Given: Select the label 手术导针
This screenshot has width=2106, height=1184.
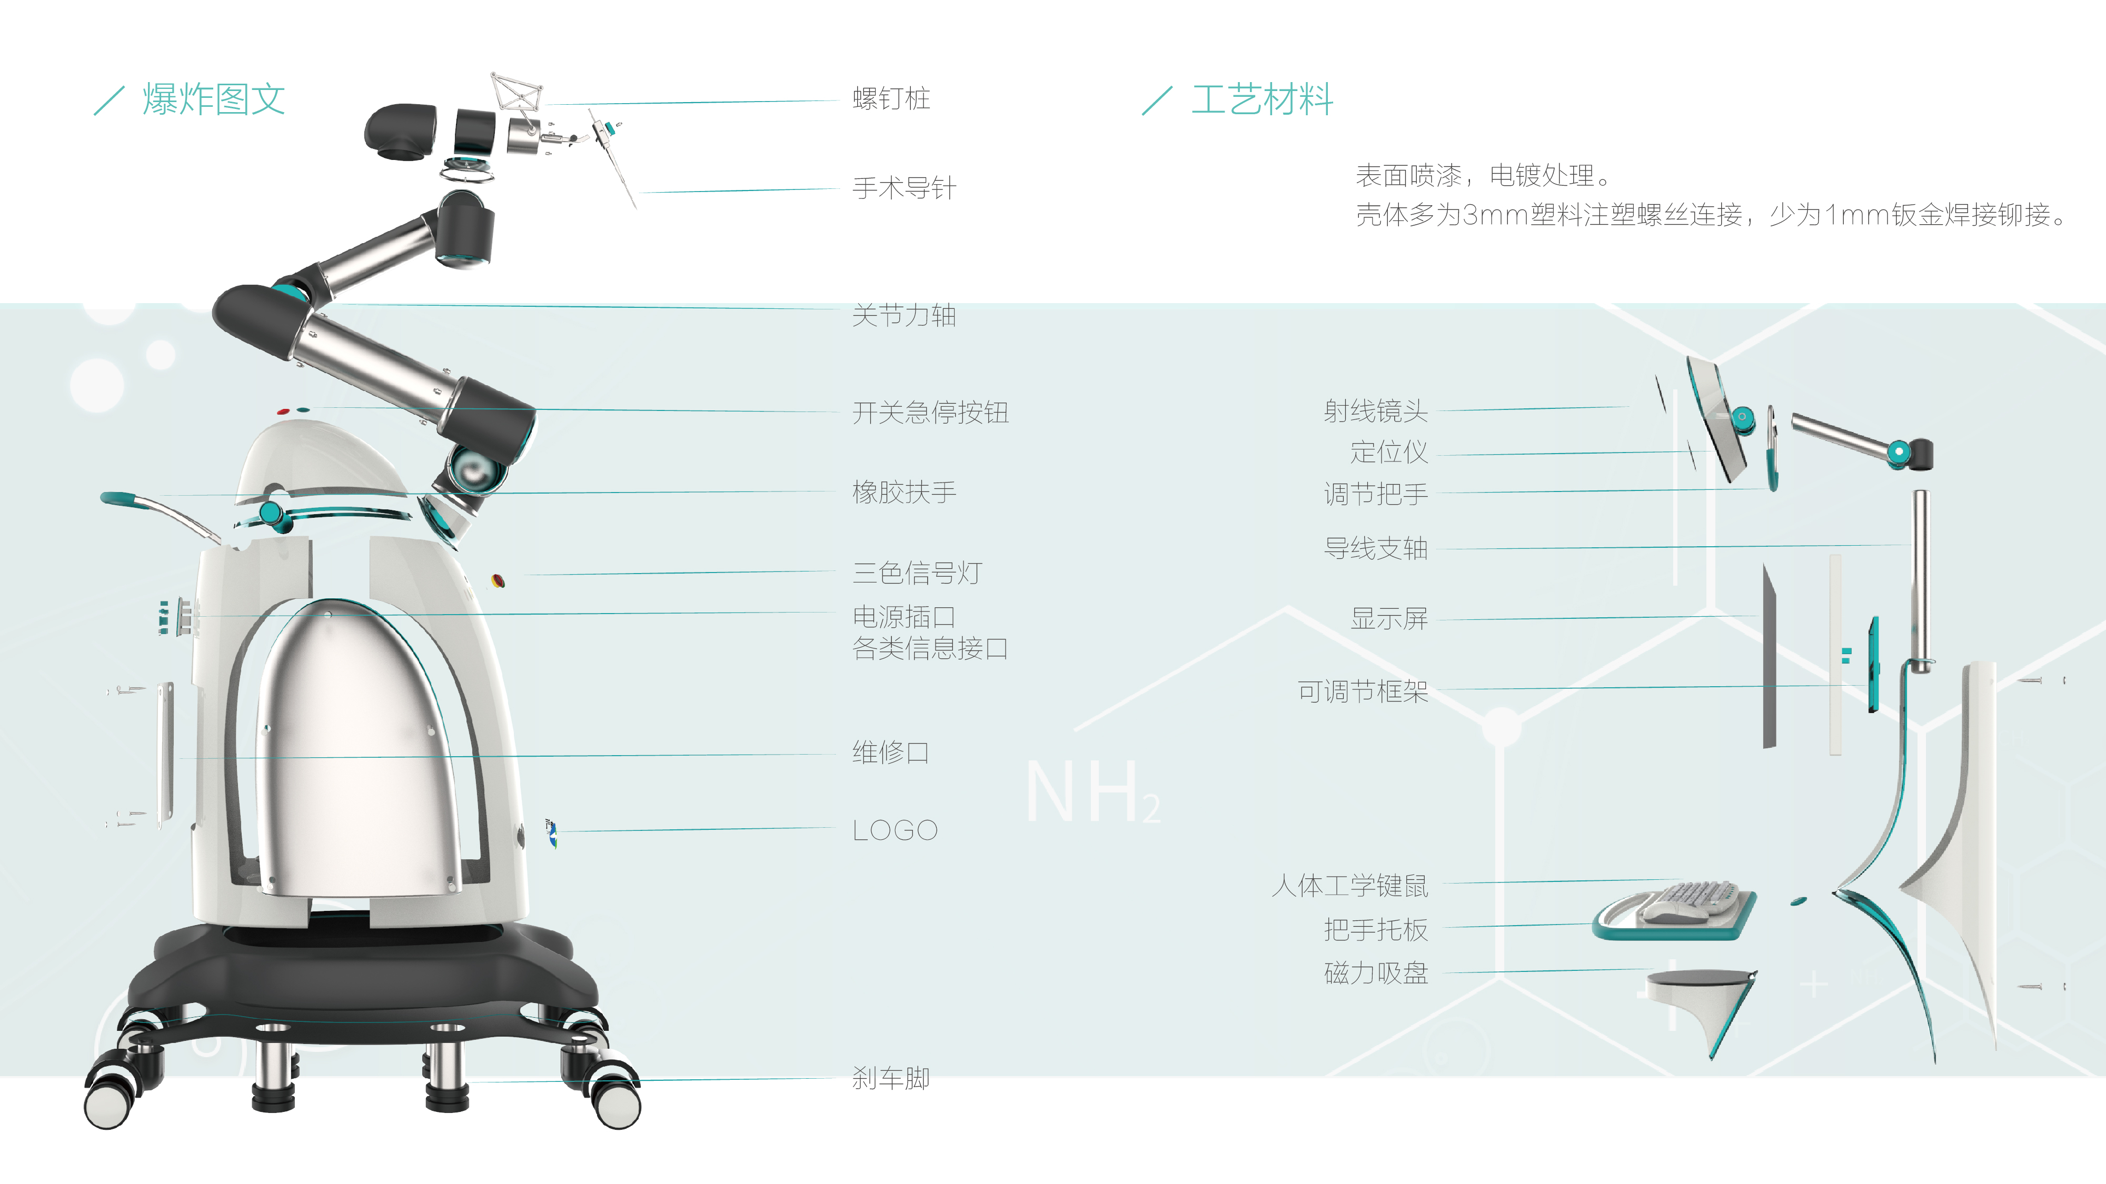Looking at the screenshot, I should (903, 188).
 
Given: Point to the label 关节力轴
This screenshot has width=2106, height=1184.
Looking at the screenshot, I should (903, 315).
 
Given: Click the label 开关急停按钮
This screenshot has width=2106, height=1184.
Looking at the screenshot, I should (930, 412).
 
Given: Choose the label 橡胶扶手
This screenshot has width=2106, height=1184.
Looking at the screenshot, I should (903, 492).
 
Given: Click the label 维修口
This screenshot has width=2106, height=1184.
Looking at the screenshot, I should (890, 752).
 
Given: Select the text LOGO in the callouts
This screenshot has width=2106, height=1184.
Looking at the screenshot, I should (895, 830).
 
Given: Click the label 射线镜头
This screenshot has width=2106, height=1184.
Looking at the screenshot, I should (1375, 410).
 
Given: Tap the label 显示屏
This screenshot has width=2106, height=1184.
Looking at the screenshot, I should (1388, 618).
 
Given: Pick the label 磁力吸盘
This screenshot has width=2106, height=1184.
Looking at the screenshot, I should (1375, 972).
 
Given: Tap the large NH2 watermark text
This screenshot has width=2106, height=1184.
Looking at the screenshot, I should (1091, 792).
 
